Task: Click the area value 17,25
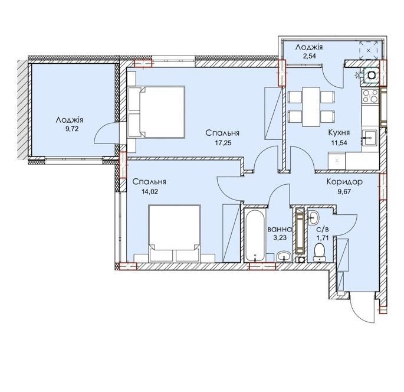point(223,143)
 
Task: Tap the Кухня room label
point(339,133)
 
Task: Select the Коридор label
point(344,182)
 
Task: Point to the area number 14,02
point(149,192)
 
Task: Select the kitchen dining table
point(311,107)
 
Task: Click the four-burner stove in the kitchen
point(370,96)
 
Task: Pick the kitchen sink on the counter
point(369,138)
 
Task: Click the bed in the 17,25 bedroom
point(156,112)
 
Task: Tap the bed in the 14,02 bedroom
point(175,233)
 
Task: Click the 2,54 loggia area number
point(309,55)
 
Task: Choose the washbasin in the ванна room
point(284,257)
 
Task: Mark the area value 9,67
point(344,192)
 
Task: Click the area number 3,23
point(280,237)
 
